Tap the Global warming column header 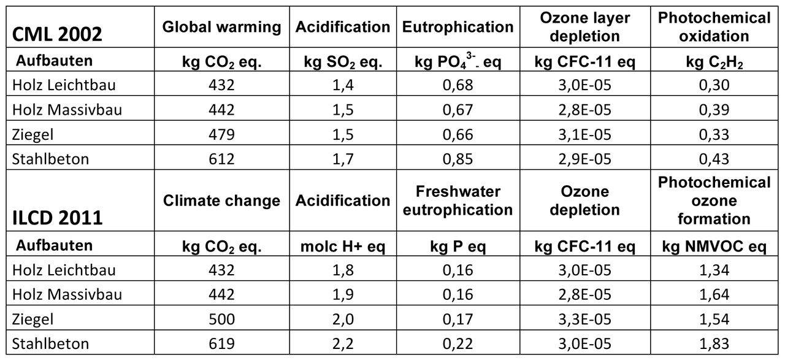pos(222,27)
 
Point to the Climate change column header pos(222,201)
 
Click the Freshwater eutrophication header pos(458,201)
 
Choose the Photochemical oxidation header pos(714,27)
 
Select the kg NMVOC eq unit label pos(714,247)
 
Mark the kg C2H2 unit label pos(714,61)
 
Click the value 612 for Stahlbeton pos(222,159)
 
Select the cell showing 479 pos(222,134)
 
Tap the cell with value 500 pos(222,319)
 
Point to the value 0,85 pos(458,159)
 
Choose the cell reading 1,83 pos(714,343)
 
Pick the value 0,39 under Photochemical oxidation pos(714,110)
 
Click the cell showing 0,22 pos(458,343)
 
